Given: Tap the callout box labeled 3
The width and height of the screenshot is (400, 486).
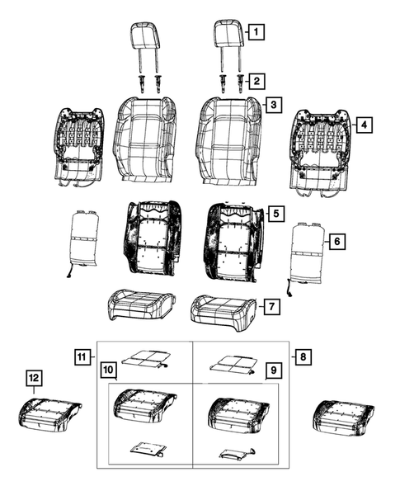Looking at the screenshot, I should (x=271, y=106).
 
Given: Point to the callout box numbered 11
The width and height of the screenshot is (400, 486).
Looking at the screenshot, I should (x=80, y=357).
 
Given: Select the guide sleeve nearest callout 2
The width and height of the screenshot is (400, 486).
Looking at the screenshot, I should (x=242, y=83).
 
